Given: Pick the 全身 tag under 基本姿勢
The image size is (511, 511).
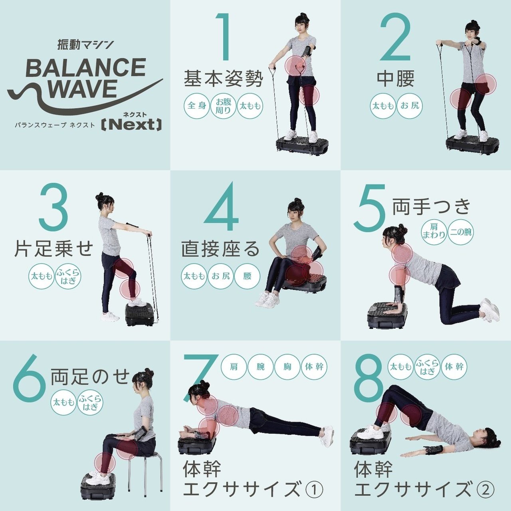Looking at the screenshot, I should (197, 106).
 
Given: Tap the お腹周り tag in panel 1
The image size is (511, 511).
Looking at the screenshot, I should (224, 106).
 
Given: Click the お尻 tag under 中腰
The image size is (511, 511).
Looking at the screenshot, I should (410, 106).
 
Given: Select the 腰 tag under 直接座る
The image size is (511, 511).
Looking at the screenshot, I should (247, 276).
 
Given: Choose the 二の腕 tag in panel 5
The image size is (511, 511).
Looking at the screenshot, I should (460, 231).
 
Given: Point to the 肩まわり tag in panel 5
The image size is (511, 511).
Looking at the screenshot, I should (434, 231).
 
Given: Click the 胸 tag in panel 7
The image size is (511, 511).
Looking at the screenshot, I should (287, 366).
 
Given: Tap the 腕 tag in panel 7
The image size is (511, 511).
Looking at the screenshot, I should (260, 366).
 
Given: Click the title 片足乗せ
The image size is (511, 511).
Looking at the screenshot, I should (53, 248).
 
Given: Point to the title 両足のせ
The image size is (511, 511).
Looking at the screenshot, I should (90, 377).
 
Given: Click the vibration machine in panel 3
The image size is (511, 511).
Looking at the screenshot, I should (139, 314).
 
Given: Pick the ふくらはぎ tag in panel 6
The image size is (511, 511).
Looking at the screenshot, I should (90, 402).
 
